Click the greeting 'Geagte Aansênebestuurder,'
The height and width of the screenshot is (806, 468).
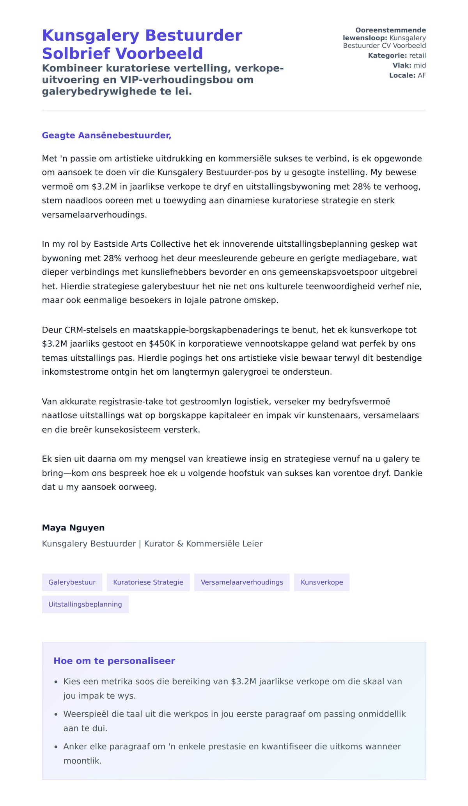click(x=106, y=135)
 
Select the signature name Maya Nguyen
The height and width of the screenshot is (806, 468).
click(x=73, y=528)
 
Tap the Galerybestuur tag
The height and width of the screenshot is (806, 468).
click(x=72, y=582)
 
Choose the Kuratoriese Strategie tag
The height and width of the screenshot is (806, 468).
click(x=148, y=582)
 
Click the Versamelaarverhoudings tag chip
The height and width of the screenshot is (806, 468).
click(x=242, y=582)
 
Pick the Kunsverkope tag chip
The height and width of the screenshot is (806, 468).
click(x=322, y=582)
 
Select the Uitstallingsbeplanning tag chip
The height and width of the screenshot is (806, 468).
click(x=85, y=604)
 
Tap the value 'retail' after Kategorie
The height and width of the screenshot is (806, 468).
click(x=417, y=56)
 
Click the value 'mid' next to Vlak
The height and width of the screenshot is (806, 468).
click(x=420, y=66)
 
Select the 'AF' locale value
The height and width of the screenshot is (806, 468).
click(x=422, y=75)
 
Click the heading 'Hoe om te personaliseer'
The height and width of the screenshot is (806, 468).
click(x=114, y=661)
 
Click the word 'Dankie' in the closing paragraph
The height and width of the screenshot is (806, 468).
click(x=408, y=473)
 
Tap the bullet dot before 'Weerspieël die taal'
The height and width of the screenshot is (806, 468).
click(x=56, y=715)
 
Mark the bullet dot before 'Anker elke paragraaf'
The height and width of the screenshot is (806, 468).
click(x=56, y=747)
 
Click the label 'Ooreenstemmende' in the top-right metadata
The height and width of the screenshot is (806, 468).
click(x=390, y=30)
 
